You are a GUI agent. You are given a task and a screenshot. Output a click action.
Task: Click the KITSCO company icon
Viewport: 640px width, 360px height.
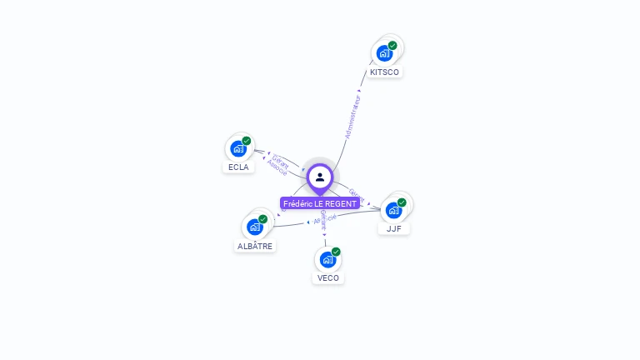(384, 53)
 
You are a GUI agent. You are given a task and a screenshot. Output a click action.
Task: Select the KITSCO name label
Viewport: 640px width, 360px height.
(385, 72)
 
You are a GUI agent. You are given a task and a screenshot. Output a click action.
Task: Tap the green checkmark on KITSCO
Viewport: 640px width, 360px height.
(392, 46)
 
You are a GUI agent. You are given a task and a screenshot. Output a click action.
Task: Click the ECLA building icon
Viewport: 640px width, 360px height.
(238, 149)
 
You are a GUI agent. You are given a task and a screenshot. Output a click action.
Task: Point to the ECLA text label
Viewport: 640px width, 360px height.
(238, 167)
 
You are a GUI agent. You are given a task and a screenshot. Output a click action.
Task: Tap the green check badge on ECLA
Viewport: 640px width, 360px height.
(247, 141)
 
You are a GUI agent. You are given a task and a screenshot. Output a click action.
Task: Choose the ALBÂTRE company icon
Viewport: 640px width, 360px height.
(255, 227)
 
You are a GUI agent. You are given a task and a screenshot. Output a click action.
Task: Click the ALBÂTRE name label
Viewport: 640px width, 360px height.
(255, 246)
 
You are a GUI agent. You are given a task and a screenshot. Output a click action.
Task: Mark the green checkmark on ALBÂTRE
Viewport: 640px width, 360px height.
(263, 219)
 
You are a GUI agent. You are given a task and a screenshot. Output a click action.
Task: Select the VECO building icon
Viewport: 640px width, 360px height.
(327, 259)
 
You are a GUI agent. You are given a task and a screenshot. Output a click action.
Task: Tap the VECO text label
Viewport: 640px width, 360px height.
(328, 277)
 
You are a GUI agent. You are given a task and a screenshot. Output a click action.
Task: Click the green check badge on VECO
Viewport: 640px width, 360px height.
(336, 252)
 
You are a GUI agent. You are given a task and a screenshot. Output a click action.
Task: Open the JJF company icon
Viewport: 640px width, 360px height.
(393, 210)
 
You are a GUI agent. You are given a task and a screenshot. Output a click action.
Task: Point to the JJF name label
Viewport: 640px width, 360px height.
(394, 228)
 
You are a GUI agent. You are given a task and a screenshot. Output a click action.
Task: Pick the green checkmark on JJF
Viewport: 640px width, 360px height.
(402, 202)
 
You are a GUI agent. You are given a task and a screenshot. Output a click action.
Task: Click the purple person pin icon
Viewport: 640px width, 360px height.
(320, 177)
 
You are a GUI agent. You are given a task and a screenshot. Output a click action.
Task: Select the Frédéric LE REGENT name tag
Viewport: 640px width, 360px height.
(320, 203)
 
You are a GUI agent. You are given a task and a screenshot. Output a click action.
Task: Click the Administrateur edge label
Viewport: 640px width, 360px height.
(352, 117)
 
